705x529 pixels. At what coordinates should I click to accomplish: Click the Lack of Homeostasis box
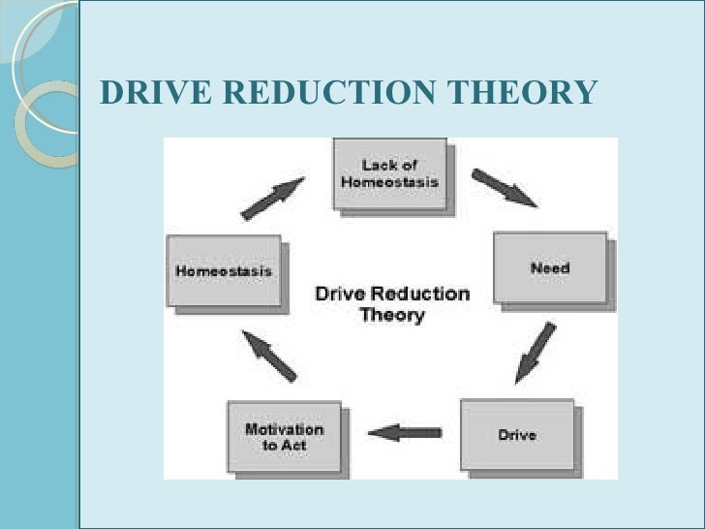[389, 173]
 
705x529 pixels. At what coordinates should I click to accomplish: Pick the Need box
[550, 267]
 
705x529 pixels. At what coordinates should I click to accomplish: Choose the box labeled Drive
[517, 435]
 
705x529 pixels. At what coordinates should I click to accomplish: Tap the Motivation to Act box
[284, 436]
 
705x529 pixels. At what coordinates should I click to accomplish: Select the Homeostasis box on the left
[224, 271]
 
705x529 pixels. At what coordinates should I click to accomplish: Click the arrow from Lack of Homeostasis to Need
[504, 188]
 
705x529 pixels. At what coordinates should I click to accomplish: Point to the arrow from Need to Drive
[536, 352]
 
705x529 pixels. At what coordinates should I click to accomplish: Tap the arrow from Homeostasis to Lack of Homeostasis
[272, 199]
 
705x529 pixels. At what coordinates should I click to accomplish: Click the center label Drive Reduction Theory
[392, 304]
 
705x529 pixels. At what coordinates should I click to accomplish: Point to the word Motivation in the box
[284, 429]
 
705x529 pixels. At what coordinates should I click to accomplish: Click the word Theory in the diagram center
[392, 315]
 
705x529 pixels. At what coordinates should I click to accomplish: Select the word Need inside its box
[549, 267]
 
